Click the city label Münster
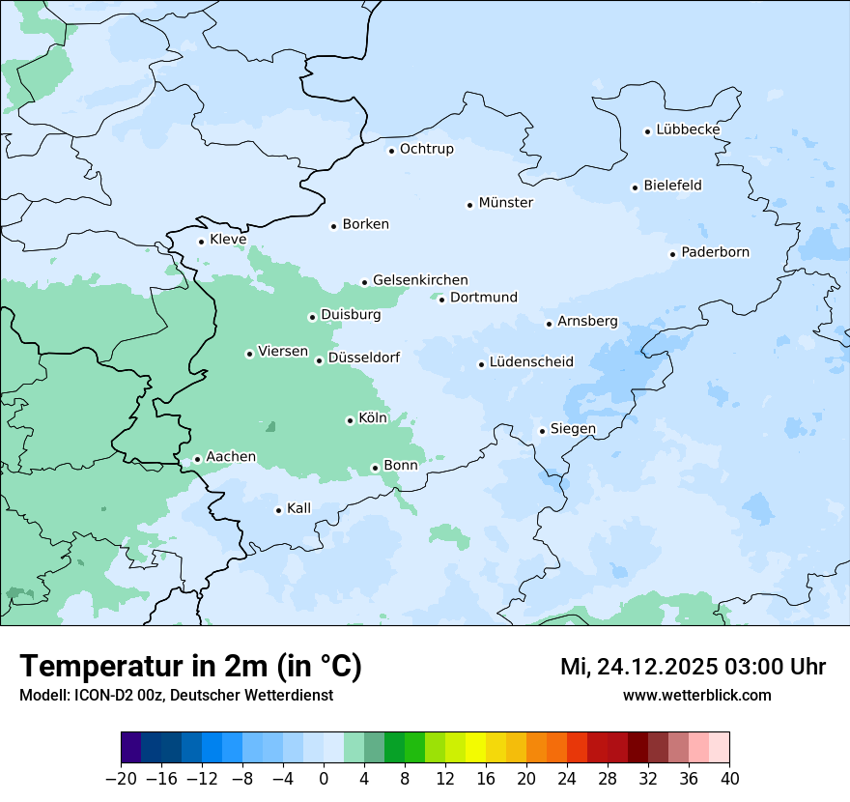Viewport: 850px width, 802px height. [x=506, y=203]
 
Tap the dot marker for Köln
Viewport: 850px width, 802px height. [x=350, y=420]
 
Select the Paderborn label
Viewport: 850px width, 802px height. [x=715, y=252]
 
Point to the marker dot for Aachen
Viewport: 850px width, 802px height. [x=197, y=459]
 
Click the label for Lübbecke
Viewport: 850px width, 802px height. [x=688, y=129]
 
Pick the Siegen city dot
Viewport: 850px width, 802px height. [x=543, y=431]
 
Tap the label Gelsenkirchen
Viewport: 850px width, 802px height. [x=420, y=280]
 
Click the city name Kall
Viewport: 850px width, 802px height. [x=299, y=508]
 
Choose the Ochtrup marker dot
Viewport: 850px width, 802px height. [x=391, y=150]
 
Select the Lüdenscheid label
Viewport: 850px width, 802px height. [x=531, y=362]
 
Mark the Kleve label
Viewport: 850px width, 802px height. [x=228, y=240]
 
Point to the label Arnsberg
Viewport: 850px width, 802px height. [x=587, y=321]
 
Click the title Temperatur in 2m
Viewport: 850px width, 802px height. [x=190, y=666]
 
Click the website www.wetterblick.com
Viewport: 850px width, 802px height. [x=696, y=695]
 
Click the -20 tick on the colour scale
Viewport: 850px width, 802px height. [x=121, y=779]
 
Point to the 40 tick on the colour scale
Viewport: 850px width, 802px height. [x=729, y=779]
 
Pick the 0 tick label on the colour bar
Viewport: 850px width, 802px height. [x=324, y=779]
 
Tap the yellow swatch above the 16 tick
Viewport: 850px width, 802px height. [x=475, y=748]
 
